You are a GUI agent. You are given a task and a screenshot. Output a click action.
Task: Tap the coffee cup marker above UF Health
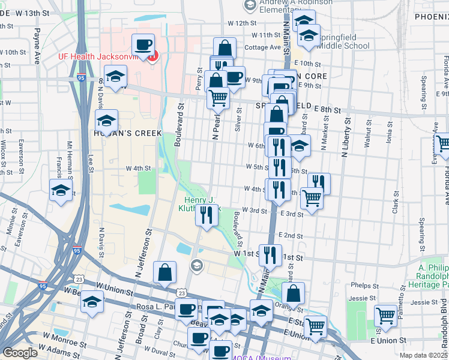coord(143,45)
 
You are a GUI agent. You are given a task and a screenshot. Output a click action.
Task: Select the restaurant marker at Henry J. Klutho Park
coord(206,215)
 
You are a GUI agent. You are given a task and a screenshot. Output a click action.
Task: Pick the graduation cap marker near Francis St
coord(61,190)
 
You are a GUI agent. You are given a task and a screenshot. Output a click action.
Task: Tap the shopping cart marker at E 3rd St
coord(312,197)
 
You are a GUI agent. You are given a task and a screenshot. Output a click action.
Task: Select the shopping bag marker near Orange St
coord(293,294)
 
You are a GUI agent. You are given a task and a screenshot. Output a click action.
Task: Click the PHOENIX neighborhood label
coord(431,17)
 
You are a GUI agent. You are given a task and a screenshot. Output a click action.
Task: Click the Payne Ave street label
coord(37,48)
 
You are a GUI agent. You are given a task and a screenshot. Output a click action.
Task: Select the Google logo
coord(20,353)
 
